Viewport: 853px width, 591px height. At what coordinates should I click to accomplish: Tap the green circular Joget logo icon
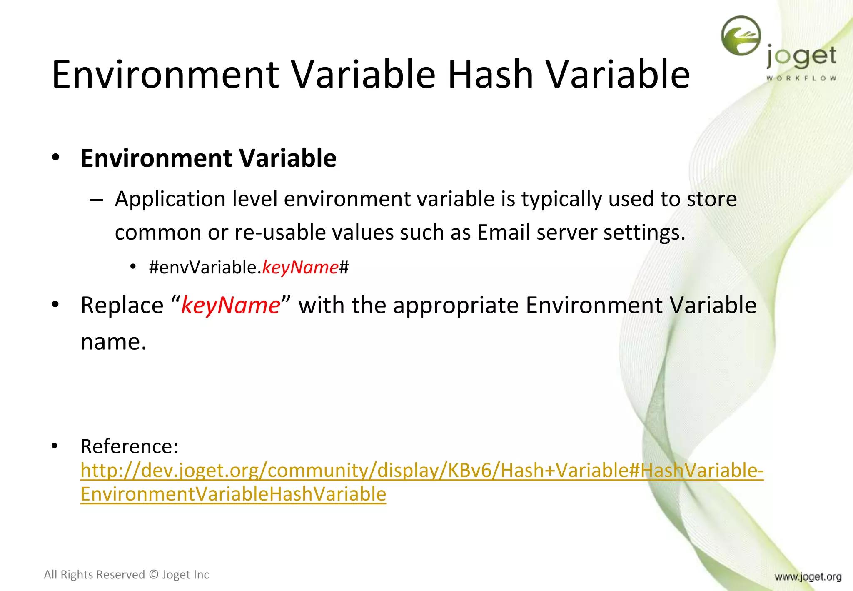(x=741, y=36)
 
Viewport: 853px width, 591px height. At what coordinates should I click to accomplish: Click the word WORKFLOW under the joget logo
(x=801, y=78)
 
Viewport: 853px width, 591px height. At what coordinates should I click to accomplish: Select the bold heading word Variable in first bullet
(x=287, y=158)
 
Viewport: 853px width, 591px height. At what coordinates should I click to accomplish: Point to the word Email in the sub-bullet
(x=503, y=232)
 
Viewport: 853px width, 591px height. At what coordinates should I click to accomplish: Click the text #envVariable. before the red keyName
(x=205, y=267)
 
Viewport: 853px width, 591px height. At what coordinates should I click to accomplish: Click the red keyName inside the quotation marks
(x=231, y=305)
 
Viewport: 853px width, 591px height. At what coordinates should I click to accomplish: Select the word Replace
(x=122, y=305)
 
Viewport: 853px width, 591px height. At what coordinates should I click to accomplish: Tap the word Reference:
(x=129, y=446)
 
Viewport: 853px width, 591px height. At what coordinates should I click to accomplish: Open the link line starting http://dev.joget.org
(x=422, y=471)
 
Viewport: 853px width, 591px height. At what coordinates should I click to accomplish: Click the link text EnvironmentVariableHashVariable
(x=233, y=494)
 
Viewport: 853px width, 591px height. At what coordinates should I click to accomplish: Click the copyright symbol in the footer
(x=153, y=575)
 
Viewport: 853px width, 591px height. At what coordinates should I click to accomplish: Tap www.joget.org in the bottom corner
(x=808, y=577)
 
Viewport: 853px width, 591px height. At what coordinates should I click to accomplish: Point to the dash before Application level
(x=96, y=200)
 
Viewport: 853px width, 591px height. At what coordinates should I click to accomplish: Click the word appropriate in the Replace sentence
(x=456, y=305)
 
